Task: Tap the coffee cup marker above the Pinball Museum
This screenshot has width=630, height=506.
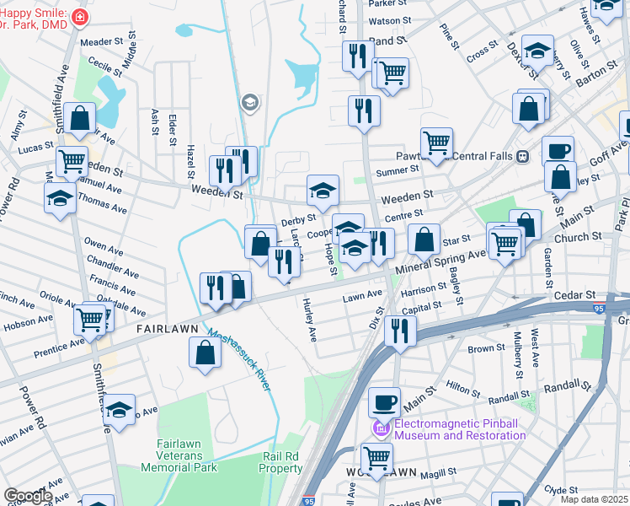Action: [384, 402]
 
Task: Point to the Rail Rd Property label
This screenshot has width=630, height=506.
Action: [280, 462]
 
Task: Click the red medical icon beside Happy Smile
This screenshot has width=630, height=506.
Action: [79, 16]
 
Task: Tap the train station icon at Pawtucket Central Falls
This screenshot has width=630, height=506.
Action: [522, 156]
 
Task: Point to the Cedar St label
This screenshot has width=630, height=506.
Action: [575, 295]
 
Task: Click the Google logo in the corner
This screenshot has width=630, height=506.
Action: [28, 496]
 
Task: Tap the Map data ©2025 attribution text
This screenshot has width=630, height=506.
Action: [594, 499]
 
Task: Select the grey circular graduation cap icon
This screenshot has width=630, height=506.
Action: [249, 103]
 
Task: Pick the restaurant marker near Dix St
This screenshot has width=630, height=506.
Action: [400, 330]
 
